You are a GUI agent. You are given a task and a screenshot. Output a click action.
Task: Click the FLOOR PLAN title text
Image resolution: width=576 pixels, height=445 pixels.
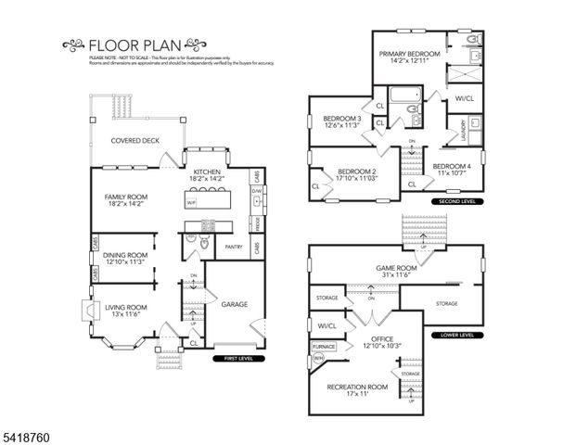coord(130,43)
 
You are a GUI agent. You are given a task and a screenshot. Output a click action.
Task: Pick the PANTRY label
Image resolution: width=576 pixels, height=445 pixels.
coord(232,247)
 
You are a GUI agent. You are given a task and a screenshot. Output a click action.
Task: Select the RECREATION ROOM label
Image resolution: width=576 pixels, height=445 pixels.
coord(357,389)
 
